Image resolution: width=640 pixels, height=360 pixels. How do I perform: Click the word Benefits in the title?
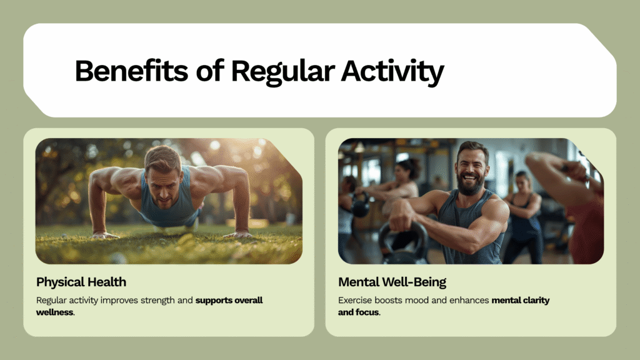131,71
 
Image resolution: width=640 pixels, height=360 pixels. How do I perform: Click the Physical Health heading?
81,282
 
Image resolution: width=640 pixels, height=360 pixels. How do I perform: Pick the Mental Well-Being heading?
392,282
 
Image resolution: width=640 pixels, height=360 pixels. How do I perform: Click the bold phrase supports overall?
229,300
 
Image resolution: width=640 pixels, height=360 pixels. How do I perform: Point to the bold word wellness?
55,312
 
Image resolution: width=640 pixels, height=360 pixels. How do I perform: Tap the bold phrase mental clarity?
521,301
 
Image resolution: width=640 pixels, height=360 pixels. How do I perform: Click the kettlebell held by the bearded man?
403,245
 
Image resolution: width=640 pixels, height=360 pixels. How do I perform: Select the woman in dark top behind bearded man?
524,216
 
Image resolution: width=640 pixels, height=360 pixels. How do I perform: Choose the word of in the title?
210,71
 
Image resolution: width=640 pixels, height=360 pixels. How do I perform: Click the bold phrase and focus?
358,312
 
